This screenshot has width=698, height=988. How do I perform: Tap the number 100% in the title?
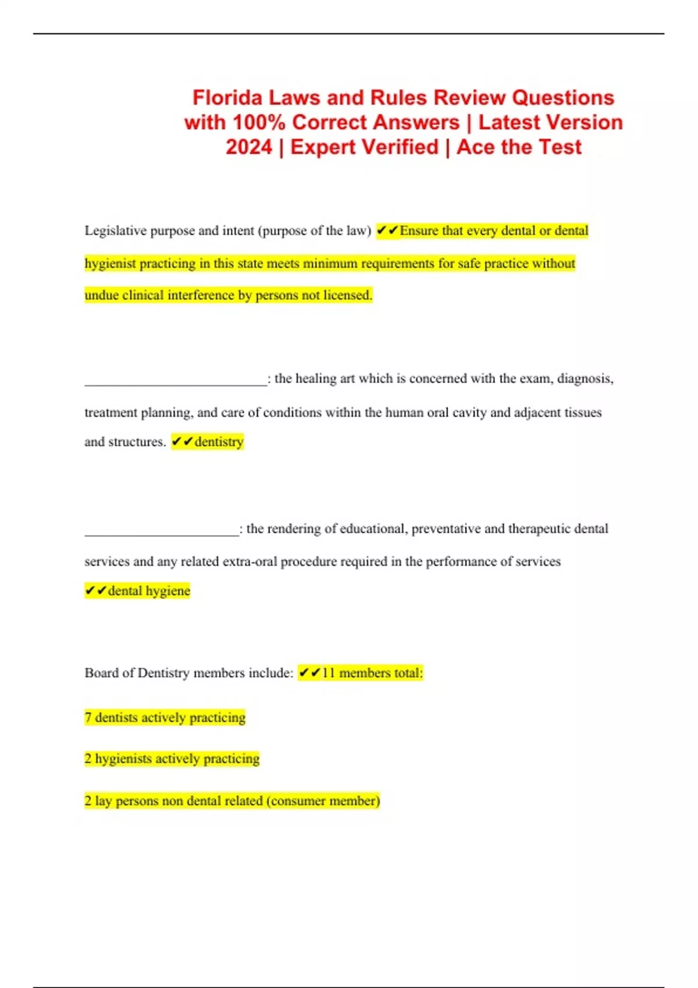tap(259, 123)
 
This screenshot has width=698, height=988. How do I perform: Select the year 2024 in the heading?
tap(249, 147)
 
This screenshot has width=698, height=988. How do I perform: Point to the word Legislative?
tap(115, 231)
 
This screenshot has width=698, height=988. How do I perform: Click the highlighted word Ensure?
tap(419, 231)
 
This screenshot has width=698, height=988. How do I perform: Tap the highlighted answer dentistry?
tap(219, 442)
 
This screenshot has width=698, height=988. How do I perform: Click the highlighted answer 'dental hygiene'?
tap(149, 591)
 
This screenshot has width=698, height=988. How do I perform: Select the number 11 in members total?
tap(329, 673)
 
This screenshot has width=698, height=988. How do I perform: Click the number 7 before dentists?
tap(88, 718)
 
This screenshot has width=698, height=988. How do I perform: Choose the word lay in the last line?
tap(103, 801)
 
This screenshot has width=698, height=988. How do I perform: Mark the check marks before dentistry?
tap(181, 442)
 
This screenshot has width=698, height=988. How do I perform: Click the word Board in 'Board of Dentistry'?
tap(101, 673)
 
